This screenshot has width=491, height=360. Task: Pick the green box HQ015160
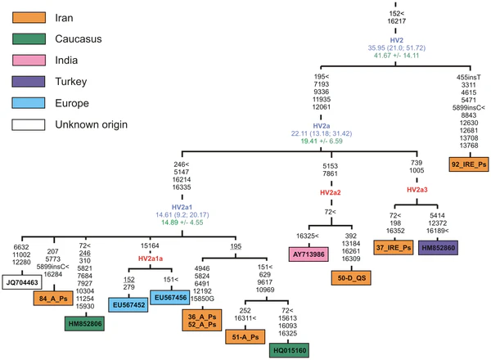pyautogui.click(x=290, y=350)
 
